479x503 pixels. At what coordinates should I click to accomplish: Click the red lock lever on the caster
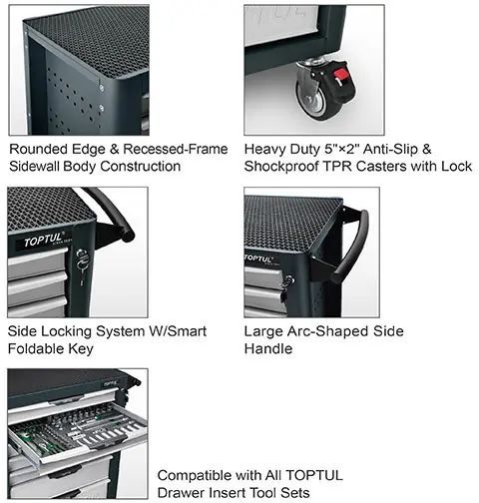tap(340, 77)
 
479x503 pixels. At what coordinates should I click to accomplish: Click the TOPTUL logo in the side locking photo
tap(43, 240)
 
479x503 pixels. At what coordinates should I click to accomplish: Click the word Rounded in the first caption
tap(38, 149)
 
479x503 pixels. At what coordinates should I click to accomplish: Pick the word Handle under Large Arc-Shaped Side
tap(268, 348)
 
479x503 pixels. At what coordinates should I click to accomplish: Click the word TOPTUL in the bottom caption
tap(314, 475)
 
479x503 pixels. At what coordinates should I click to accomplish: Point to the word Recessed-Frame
tap(176, 149)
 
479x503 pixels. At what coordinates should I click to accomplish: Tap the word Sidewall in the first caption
tap(34, 167)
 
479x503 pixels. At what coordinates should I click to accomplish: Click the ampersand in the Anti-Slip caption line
tap(427, 149)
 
